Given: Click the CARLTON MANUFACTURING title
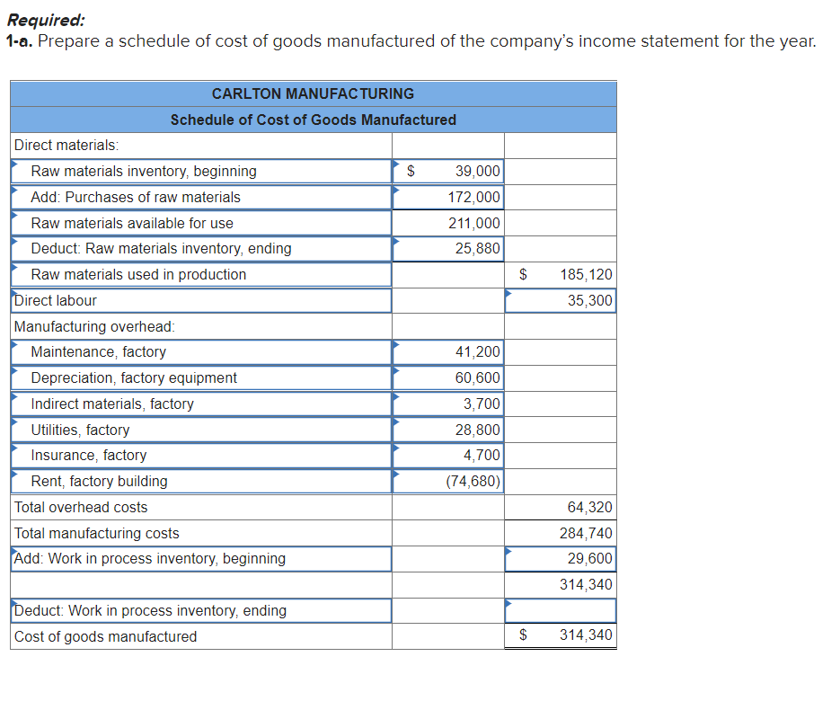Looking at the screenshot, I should (313, 93).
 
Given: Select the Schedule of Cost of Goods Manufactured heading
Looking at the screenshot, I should (313, 120).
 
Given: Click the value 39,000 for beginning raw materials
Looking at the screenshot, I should (478, 171).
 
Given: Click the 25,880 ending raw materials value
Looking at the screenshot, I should (478, 248).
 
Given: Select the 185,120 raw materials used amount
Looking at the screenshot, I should (586, 274).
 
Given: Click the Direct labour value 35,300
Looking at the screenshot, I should (589, 300).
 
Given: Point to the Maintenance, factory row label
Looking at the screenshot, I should (99, 352).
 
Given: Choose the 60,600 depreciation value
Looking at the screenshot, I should (478, 378).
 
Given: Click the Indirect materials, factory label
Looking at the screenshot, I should (112, 404).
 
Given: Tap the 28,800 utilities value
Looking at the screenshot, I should (478, 430).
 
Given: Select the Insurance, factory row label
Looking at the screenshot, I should (89, 456).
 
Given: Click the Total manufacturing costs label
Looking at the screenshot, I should (97, 534).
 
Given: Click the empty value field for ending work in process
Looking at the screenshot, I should (561, 611).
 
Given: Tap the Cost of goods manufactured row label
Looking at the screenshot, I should (106, 637).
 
